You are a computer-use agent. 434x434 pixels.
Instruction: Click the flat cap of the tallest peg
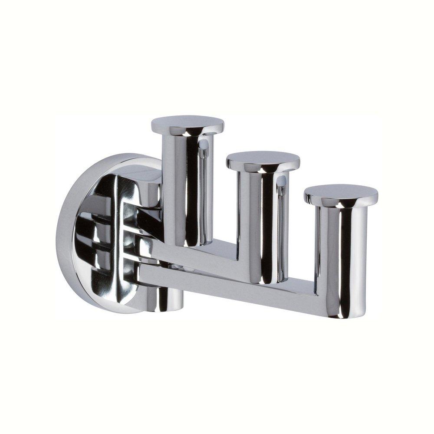(x=187, y=123)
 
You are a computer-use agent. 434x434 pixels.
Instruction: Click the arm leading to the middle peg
(x=200, y=256)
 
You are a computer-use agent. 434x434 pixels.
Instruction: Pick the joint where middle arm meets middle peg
(x=241, y=265)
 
